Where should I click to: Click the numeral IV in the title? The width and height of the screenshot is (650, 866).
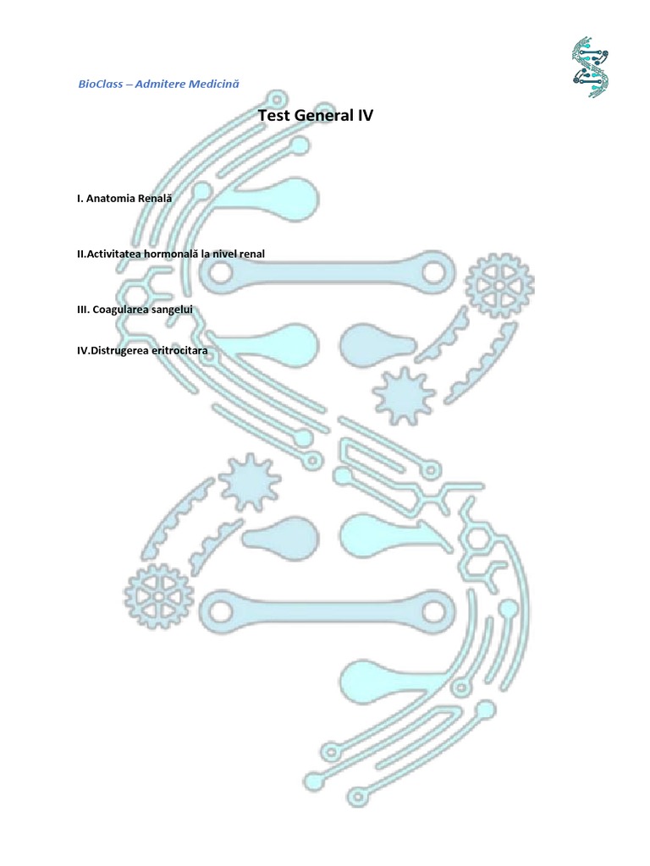pyautogui.click(x=364, y=116)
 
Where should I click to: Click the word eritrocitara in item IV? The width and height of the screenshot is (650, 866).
pyautogui.click(x=179, y=349)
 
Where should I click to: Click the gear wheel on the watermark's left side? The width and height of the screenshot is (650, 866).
pyautogui.click(x=158, y=596)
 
